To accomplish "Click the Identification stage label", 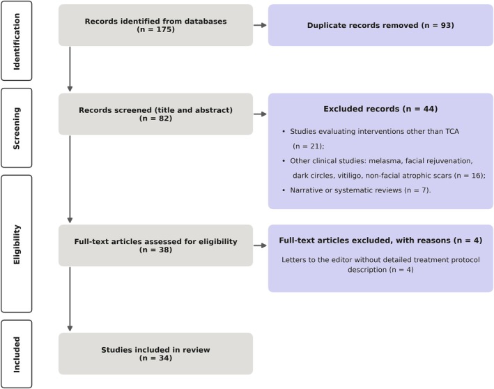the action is coord(17,41).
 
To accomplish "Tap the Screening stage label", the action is coord(17,128).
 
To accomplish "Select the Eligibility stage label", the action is coord(17,244).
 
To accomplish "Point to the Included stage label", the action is coord(17,354).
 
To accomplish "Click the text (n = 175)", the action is coord(155,29).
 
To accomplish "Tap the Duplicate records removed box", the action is coord(380,25).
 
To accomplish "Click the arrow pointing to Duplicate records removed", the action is coord(260,25).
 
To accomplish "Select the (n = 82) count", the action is coord(155,119).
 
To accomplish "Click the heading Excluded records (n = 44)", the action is coord(380,109).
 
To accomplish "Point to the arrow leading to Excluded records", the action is coord(260,114).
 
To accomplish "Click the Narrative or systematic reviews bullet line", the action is coord(356,190).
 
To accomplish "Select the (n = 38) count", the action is coord(155,250).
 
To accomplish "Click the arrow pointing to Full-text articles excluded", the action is coord(260,245).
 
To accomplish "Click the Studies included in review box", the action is coord(155,353).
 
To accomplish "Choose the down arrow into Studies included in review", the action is coord(70,299).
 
